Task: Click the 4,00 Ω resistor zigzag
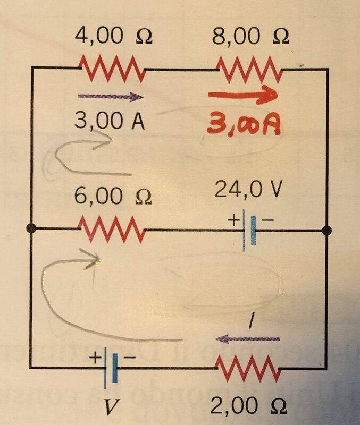tap(112, 69)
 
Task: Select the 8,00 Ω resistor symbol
tap(249, 70)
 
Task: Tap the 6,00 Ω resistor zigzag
tap(112, 229)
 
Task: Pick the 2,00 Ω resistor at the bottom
tap(248, 368)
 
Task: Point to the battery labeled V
tap(111, 368)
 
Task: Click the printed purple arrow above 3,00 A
tap(111, 97)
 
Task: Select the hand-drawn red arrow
tap(243, 95)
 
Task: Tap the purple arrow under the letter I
tap(247, 339)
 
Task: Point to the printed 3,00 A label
tap(110, 121)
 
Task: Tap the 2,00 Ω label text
tap(248, 405)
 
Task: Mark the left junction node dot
tap(31, 229)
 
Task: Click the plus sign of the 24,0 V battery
tap(233, 220)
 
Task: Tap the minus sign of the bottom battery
tap(129, 358)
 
